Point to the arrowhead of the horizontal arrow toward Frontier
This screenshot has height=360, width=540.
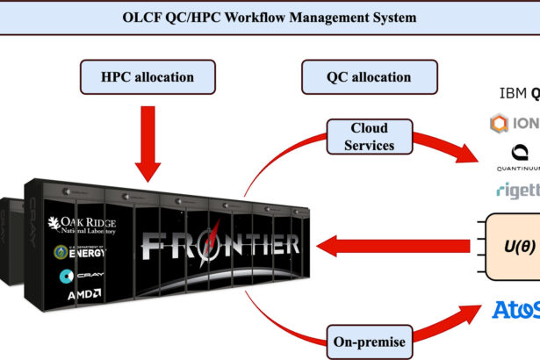(331, 241)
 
